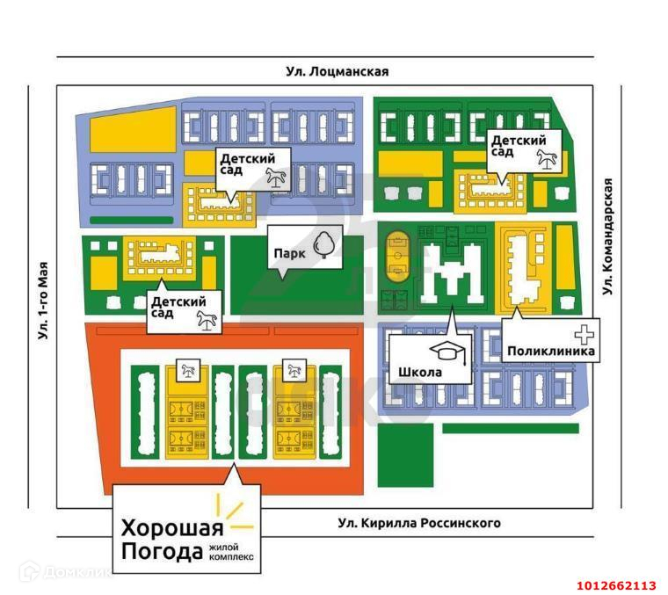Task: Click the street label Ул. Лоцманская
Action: pyautogui.click(x=337, y=72)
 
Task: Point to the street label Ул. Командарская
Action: pyautogui.click(x=606, y=236)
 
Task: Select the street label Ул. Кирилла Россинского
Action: pyautogui.click(x=419, y=523)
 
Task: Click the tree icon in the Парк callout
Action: pyautogui.click(x=325, y=244)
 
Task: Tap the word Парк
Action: pyautogui.click(x=289, y=253)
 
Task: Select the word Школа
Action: pyautogui.click(x=420, y=372)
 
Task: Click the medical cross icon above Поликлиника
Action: pyautogui.click(x=584, y=334)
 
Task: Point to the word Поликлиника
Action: pyautogui.click(x=551, y=352)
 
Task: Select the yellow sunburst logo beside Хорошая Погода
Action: pyautogui.click(x=233, y=515)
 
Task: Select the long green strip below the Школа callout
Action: pyautogui.click(x=510, y=428)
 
